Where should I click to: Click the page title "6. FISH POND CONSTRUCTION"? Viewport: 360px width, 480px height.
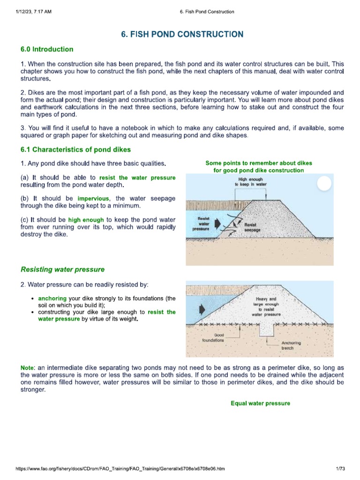tap(182, 34)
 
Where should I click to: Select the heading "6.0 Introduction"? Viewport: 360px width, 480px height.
tap(47, 49)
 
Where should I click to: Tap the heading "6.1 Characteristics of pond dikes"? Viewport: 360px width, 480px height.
tap(75, 150)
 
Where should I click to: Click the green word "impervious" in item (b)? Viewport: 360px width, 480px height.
tap(93, 198)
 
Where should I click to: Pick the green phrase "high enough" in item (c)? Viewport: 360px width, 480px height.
tap(86, 219)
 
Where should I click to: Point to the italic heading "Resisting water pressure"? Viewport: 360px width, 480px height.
tap(62, 270)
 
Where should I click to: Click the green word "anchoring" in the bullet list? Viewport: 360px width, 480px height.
tap(52, 298)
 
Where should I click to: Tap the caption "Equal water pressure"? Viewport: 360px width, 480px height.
tap(260, 403)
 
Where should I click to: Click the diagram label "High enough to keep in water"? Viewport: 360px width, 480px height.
tap(251, 182)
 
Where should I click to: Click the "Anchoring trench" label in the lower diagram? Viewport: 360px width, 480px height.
tap(291, 346)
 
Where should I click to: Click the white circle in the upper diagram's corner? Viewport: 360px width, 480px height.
tap(324, 183)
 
